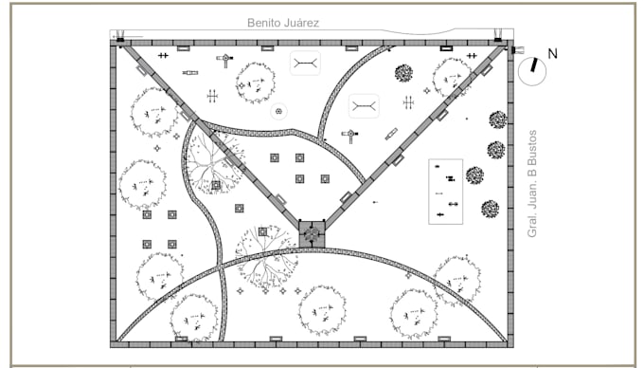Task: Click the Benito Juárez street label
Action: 282,22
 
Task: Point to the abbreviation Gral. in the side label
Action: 532,224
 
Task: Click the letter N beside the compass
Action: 552,54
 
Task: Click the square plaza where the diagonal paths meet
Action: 312,231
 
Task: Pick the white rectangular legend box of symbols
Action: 445,191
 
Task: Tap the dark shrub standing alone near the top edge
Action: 404,73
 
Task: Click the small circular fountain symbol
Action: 279,111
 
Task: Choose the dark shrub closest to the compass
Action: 497,120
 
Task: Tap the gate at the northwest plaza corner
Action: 120,39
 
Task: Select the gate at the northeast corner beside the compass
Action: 498,38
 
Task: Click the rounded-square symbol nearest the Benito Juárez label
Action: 305,64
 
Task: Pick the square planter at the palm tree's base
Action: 216,185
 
